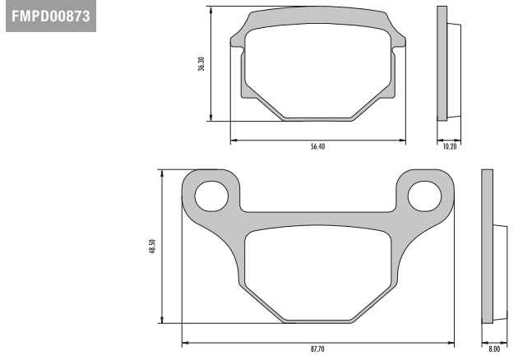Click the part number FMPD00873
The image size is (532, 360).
tap(51, 16)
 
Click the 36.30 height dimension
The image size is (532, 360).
tap(201, 64)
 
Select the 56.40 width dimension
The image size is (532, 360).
tap(318, 146)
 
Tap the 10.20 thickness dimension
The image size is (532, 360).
tap(450, 146)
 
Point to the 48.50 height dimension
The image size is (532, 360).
tap(152, 247)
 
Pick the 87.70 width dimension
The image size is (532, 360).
tap(317, 349)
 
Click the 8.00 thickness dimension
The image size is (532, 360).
tap(494, 349)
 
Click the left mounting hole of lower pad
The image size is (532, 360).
tap(211, 196)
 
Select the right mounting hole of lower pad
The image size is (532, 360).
tap(424, 196)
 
